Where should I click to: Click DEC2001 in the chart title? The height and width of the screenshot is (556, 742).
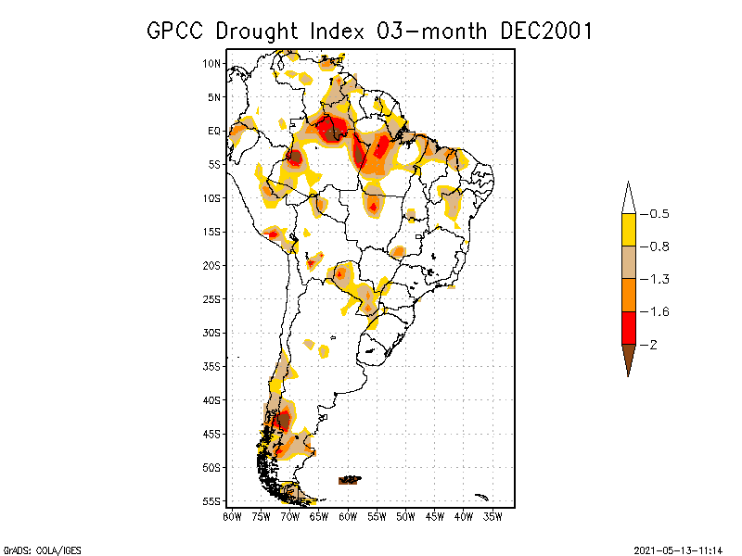coord(545,31)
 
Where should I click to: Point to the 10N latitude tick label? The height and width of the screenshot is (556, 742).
coord(212,63)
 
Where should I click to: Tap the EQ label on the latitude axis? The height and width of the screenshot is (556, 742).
coord(214,131)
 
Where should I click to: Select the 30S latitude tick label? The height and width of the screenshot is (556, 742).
coord(212,333)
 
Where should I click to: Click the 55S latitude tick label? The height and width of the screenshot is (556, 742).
coord(212,501)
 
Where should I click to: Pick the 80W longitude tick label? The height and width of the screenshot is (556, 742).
coord(232,516)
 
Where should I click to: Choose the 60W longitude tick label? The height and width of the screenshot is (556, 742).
coord(348,516)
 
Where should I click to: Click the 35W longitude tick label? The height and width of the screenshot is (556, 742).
coord(493,516)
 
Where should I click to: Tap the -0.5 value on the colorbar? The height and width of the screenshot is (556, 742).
coord(659,214)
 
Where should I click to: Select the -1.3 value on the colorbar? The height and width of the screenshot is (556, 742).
coord(659,279)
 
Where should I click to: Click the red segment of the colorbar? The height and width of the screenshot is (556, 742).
coord(628,327)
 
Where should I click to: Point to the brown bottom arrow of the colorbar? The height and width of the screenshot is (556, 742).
coord(628,357)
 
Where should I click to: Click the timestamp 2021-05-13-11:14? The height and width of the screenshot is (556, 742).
coord(678,549)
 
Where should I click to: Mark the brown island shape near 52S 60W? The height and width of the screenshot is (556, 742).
coord(351,479)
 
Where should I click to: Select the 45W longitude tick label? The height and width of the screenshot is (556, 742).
coord(435,516)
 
